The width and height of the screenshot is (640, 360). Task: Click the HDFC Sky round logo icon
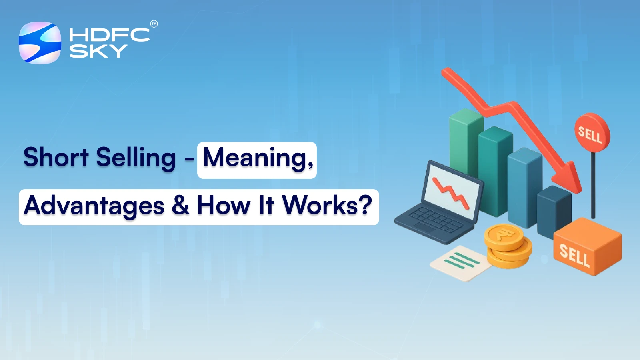pos(40,43)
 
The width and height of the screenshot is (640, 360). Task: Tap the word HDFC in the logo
pos(109,35)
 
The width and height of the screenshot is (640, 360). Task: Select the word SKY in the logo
pos(98,51)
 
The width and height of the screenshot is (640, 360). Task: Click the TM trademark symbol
pos(154,24)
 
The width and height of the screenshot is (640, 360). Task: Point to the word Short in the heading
pos(56,157)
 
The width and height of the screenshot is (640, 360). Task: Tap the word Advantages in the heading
pos(94,206)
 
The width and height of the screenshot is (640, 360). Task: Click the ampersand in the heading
pos(180,205)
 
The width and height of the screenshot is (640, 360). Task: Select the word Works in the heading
pos(320,205)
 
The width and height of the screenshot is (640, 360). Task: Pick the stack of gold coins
pos(507,246)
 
